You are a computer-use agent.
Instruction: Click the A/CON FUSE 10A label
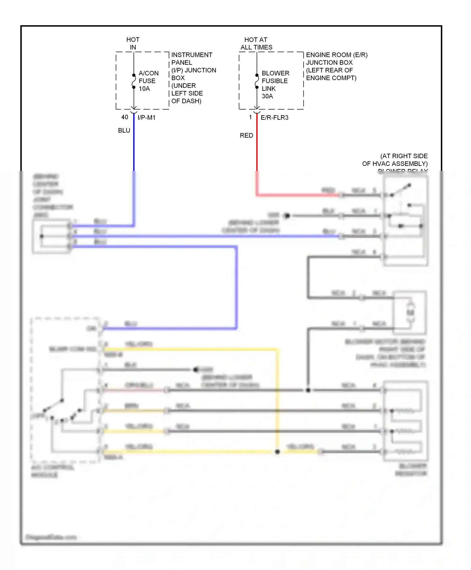[148, 81]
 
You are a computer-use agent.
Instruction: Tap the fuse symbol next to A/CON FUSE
[134, 81]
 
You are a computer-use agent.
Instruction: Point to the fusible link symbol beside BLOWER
[257, 81]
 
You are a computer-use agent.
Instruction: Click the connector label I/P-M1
[146, 118]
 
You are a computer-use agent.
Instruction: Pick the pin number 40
[125, 117]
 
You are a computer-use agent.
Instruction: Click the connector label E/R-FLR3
[274, 118]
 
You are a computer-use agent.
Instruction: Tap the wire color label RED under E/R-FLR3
[246, 135]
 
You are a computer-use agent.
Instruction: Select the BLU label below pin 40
[124, 130]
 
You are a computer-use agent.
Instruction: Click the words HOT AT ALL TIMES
[256, 43]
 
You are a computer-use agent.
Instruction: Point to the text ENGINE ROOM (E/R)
[337, 55]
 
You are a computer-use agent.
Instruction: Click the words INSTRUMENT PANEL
[192, 58]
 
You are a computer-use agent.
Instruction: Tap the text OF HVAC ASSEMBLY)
[395, 164]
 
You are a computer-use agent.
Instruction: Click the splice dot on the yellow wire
[277, 452]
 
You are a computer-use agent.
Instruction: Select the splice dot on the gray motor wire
[308, 390]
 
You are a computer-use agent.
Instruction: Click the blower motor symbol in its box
[410, 312]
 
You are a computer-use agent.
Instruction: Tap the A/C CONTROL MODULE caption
[52, 471]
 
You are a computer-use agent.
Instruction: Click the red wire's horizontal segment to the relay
[298, 195]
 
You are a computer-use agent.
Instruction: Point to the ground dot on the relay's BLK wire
[287, 216]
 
